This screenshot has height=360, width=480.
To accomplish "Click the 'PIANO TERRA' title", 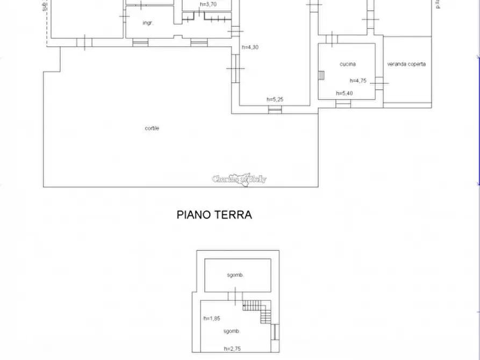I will click(214, 215).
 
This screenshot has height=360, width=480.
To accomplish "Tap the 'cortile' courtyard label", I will click(152, 128).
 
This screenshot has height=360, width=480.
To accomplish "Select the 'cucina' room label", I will click(347, 64).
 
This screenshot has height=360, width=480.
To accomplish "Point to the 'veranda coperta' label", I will click(406, 64).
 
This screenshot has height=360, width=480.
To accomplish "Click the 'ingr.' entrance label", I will click(148, 23).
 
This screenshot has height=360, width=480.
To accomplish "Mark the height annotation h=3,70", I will click(207, 4).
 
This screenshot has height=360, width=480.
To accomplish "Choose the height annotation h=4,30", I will click(250, 47).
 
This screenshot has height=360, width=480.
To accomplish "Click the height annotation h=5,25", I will click(275, 99).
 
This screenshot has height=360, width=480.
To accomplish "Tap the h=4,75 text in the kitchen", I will click(358, 81).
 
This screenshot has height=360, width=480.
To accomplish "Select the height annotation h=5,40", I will click(344, 93).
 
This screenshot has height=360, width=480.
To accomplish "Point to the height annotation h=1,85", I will click(212, 318).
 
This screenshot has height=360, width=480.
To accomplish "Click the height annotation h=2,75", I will click(232, 349).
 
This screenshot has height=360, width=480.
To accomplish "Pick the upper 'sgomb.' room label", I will click(236, 275).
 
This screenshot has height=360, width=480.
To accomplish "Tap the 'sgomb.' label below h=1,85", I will click(232, 331).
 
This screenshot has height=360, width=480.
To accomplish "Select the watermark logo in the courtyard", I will click(239, 179).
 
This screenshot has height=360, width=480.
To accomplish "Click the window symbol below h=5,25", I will click(275, 110).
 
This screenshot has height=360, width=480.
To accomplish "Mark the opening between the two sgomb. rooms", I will click(235, 295).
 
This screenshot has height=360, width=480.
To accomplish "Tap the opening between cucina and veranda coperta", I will click(379, 83).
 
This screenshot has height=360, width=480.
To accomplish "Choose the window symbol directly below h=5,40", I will click(343, 103).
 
